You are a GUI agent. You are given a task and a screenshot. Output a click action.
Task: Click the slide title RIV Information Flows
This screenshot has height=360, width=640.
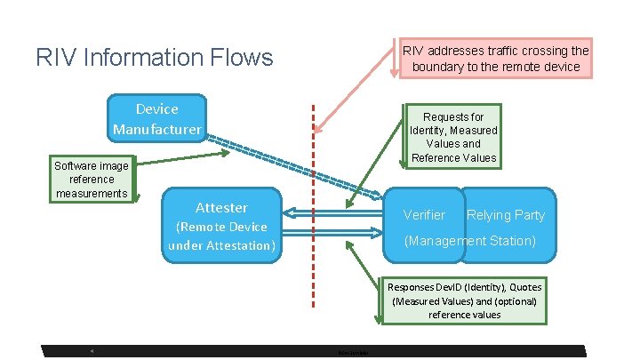point(154,59)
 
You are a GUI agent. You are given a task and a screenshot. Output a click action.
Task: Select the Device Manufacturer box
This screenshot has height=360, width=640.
point(156,118)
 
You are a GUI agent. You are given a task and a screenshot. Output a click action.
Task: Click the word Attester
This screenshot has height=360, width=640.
point(221,207)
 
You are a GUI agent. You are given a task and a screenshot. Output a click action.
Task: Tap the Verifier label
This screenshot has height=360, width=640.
point(424,215)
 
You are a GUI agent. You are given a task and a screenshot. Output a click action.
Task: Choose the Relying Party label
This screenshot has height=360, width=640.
point(506,215)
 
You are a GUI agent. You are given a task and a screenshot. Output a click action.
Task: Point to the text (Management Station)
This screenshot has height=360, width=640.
point(469,241)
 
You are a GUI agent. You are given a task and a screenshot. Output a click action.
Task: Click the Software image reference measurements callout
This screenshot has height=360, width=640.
point(92,180)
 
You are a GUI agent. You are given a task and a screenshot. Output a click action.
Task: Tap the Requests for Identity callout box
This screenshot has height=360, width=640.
point(453,137)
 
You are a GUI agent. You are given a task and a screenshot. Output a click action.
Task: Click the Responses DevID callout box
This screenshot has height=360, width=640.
point(464,300)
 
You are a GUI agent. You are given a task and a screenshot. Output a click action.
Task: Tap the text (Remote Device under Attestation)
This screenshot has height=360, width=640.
point(221,236)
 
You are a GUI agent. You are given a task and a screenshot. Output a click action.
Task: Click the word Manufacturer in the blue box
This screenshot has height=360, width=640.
point(156,130)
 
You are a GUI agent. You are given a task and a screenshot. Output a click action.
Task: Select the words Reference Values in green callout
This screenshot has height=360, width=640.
point(453,158)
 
